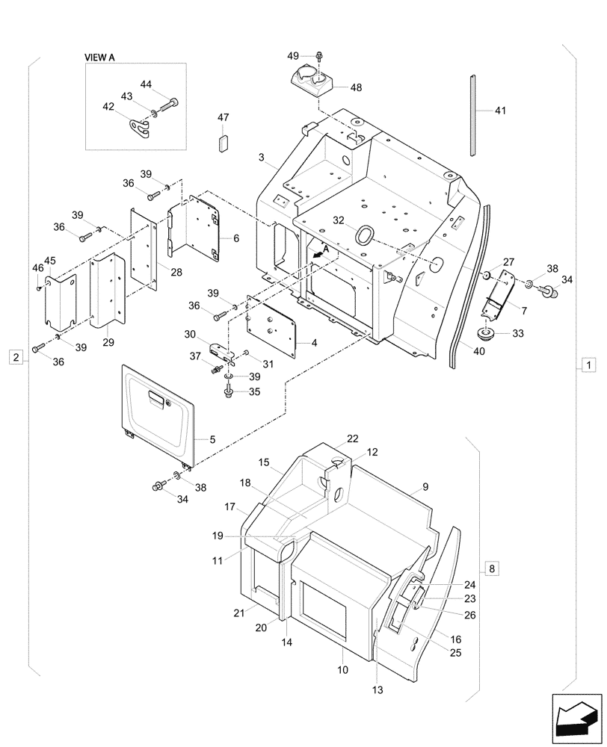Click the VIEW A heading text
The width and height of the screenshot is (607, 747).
point(105,56)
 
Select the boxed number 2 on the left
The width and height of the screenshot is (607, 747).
point(15,356)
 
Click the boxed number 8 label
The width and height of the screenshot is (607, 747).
point(490,569)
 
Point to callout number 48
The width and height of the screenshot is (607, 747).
point(356,87)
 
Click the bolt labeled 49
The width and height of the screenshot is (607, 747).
point(320,56)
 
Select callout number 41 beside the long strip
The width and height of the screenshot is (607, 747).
point(500,111)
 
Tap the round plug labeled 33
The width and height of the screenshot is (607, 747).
point(487,332)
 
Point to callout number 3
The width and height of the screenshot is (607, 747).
point(261,158)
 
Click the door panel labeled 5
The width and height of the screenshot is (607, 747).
point(157,411)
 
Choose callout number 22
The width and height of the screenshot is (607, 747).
point(352,438)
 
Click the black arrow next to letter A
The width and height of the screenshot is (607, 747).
point(320,254)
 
